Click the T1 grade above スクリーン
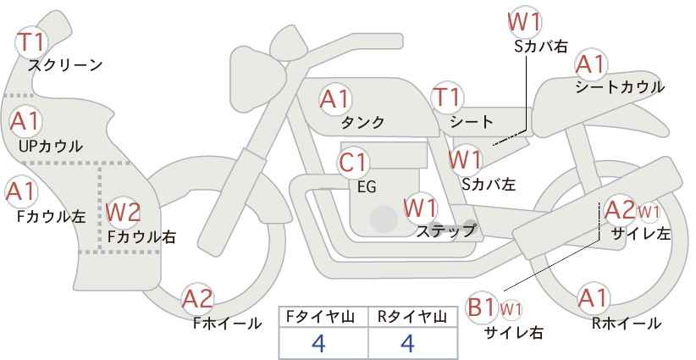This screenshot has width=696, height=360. pos(31,42)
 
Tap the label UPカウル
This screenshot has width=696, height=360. pos(50,146)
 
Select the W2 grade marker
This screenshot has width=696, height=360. pos(124,212)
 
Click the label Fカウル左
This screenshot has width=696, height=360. pos(51,216)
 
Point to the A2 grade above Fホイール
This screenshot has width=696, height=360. pos(198,299)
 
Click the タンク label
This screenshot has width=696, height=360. pos(362,122)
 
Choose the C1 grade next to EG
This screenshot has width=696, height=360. pos(353,163)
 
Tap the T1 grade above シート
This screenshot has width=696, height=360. pos(447,97)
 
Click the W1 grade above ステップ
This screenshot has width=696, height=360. pos(420,208)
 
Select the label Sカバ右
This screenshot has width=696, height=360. pos(541,47)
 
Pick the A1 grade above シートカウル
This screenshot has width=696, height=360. pos(590,65)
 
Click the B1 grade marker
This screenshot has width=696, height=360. pos(482,307)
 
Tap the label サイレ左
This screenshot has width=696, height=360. pos(640,234)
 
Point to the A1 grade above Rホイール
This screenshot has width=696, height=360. pos(593,298)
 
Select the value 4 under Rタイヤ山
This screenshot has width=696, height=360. pos(407,343)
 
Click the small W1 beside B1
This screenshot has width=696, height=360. pos(511,309)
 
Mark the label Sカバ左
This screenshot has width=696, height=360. pos(489,184)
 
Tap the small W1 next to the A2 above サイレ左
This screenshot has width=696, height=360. pos(649,212)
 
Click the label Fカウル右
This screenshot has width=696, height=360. pos(141,236)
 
